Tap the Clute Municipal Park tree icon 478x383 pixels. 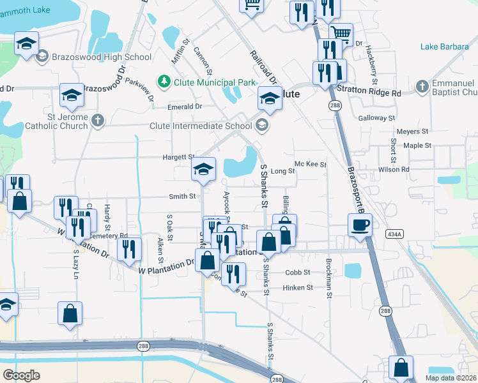click(x=164, y=82)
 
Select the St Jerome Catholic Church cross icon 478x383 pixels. click(x=97, y=120)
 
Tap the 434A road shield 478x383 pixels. click(x=394, y=235)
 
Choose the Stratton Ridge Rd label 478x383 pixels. click(x=369, y=93)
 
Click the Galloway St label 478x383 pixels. click(x=377, y=118)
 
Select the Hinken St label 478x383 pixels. click(x=299, y=288)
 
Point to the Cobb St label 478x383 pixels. click(x=298, y=272)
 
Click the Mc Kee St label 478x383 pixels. click(x=311, y=164)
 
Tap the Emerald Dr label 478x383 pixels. click(x=185, y=107)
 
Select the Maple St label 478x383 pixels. click(x=418, y=146)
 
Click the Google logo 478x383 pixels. click(x=22, y=375)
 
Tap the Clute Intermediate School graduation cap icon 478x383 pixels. click(x=261, y=126)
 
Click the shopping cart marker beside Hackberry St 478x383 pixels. click(x=341, y=33)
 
